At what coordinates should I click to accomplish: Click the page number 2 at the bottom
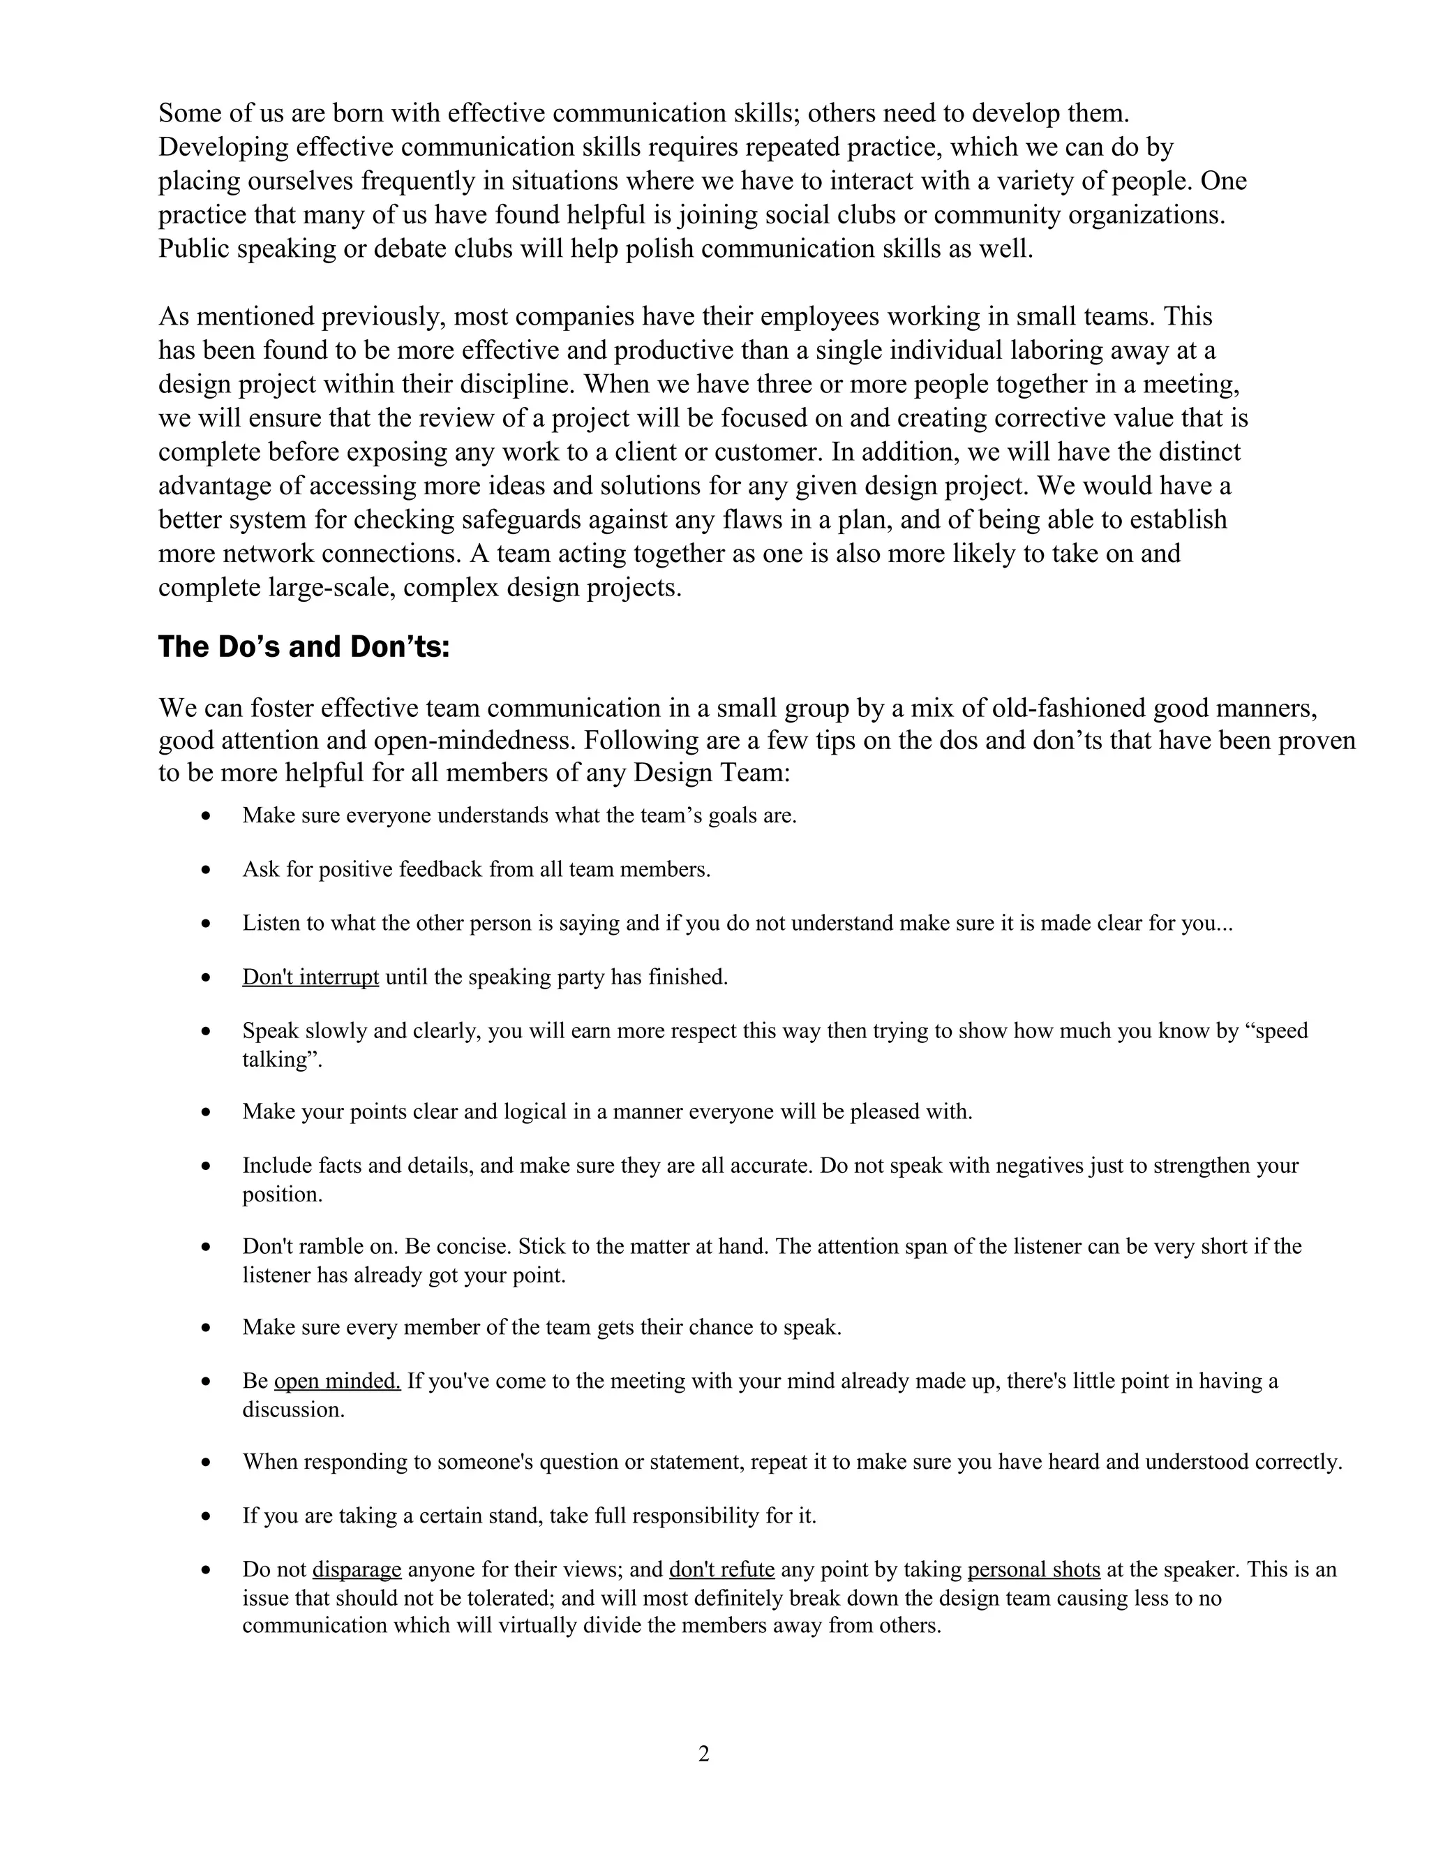(x=703, y=1754)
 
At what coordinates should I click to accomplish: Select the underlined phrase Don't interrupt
(x=310, y=977)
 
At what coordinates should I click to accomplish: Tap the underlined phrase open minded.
(x=337, y=1381)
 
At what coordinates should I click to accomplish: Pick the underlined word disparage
(x=357, y=1569)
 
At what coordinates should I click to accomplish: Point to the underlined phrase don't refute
(x=721, y=1569)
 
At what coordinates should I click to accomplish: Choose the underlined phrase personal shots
(x=1033, y=1569)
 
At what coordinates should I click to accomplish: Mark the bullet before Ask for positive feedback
(x=207, y=870)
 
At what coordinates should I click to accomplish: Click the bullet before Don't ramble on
(x=207, y=1247)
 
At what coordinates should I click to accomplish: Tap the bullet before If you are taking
(x=207, y=1516)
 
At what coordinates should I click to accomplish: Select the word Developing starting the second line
(x=223, y=147)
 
